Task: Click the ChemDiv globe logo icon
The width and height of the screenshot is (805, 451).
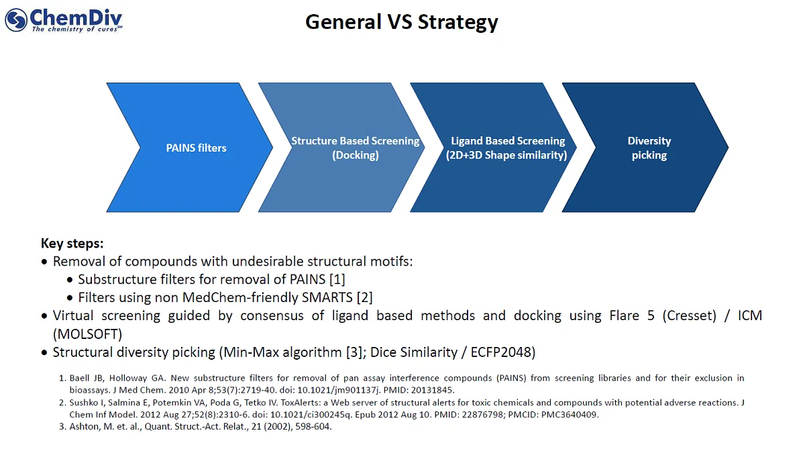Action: pyautogui.click(x=16, y=19)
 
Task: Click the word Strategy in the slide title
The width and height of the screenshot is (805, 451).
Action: pyautogui.click(x=458, y=22)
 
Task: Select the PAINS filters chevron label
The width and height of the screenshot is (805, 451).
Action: pyautogui.click(x=196, y=148)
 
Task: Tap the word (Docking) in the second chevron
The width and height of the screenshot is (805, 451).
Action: pyautogui.click(x=356, y=155)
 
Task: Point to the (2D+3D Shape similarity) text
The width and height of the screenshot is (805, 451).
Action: pyautogui.click(x=506, y=155)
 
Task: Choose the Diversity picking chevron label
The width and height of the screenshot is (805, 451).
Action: pyautogui.click(x=649, y=148)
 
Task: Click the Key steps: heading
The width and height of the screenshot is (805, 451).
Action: pyautogui.click(x=72, y=244)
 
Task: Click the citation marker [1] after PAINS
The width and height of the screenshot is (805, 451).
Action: pyautogui.click(x=337, y=279)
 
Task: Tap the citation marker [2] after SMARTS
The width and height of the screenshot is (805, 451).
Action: pyautogui.click(x=365, y=297)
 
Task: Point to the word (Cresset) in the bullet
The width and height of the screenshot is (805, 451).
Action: pyautogui.click(x=690, y=316)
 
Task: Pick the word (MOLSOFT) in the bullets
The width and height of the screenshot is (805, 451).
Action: pyautogui.click(x=87, y=334)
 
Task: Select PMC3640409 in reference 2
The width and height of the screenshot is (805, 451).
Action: pyautogui.click(x=570, y=414)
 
